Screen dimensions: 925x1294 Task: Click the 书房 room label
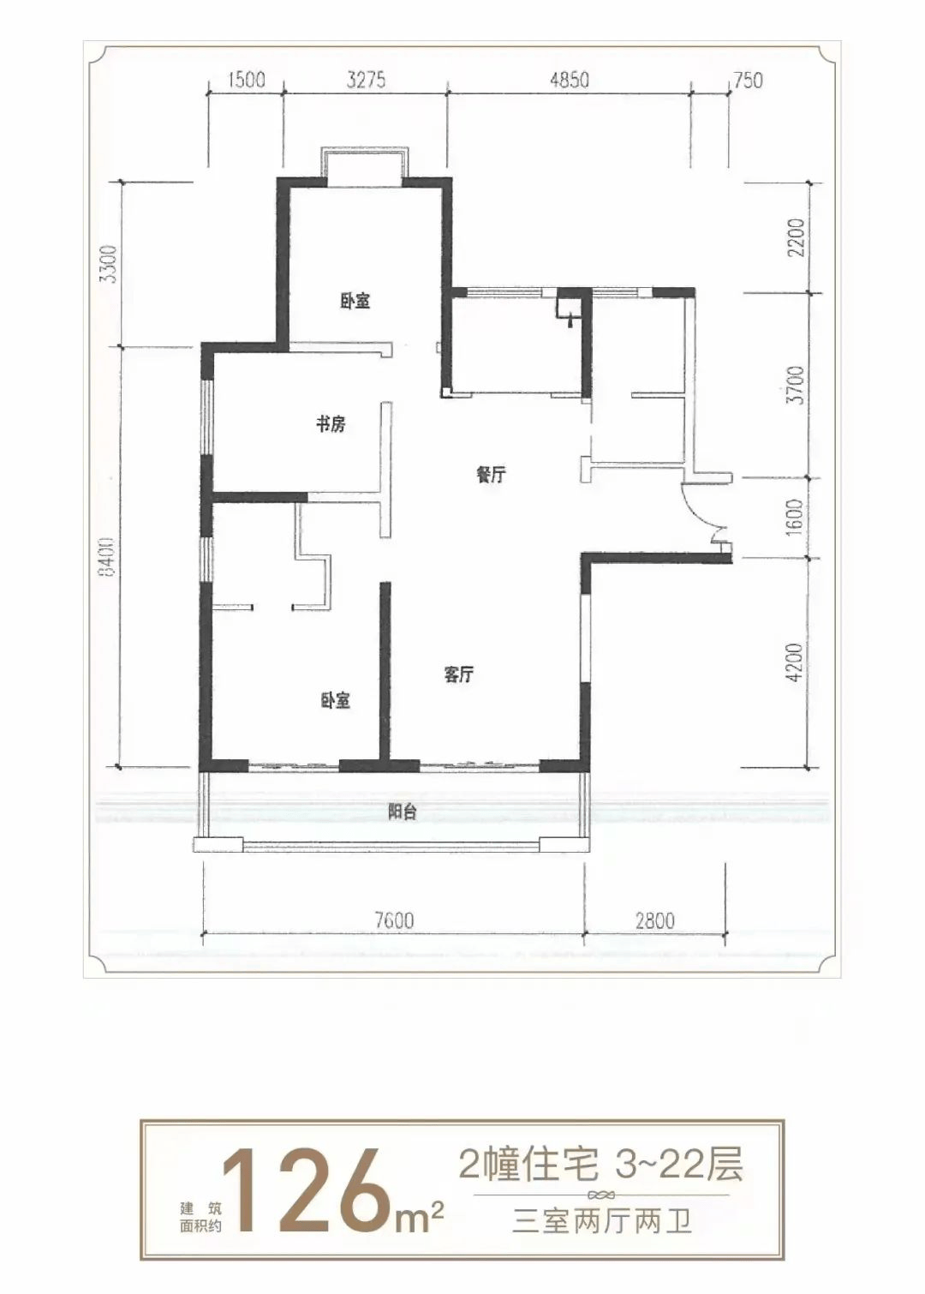[331, 424]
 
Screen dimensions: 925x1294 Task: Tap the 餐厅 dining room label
[492, 476]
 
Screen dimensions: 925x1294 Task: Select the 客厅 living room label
[459, 674]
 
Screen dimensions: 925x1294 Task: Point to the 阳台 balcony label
[402, 812]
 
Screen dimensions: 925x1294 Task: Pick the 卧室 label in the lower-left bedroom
[336, 701]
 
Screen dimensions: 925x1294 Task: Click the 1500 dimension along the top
[247, 80]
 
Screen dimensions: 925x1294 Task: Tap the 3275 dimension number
[366, 80]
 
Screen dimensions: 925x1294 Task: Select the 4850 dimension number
[570, 80]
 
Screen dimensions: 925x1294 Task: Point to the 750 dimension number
[749, 80]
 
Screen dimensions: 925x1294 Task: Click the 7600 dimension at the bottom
[394, 920]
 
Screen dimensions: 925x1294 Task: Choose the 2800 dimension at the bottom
[655, 920]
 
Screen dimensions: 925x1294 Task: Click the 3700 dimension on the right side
[797, 385]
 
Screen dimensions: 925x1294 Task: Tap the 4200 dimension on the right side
[797, 662]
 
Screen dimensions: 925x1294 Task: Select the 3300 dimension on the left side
[109, 264]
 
